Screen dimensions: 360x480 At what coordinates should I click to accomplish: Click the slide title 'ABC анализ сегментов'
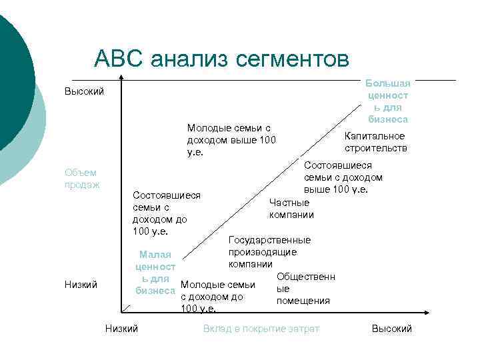222,58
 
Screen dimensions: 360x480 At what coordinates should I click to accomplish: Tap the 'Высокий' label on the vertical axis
84,91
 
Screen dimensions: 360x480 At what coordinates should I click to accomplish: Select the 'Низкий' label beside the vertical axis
81,285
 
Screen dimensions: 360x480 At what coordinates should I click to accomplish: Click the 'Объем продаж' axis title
82,179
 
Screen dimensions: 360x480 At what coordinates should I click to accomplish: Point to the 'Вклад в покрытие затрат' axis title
261,329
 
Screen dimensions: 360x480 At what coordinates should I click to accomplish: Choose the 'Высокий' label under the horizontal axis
392,329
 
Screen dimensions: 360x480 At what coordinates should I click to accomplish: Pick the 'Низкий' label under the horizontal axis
121,329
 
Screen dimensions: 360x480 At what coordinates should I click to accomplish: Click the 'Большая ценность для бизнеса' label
388,101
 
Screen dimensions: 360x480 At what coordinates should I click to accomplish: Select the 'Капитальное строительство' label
375,142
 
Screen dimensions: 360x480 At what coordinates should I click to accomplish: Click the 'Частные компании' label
291,209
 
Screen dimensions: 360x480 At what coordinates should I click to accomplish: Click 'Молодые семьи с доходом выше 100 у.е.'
231,139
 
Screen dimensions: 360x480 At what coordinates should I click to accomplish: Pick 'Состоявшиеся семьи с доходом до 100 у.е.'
167,213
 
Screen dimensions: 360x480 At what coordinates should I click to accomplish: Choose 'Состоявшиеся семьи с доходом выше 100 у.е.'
343,177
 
